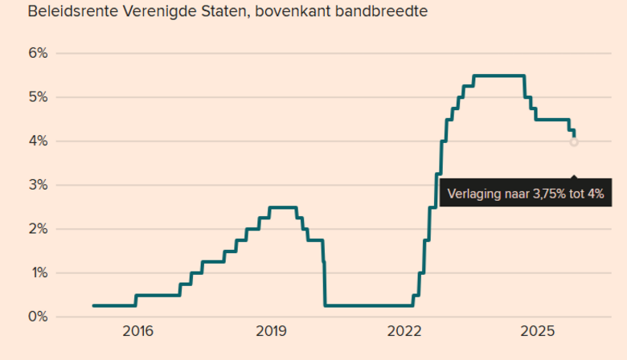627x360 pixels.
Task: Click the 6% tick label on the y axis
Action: (39, 53)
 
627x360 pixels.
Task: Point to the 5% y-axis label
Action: (39, 97)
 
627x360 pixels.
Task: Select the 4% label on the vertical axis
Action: (39, 141)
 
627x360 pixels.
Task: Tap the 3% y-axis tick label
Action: (39, 185)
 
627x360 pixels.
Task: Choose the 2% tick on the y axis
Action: (39, 229)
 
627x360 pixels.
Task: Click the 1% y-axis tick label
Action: (39, 273)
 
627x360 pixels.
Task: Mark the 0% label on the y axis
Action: (39, 317)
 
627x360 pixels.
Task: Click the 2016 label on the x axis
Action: (137, 331)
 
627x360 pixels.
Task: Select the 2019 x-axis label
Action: (271, 331)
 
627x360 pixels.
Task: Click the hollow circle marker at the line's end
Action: (574, 142)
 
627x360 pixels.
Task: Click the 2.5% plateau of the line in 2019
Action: (282, 207)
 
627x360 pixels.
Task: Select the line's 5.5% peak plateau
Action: (498, 76)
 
